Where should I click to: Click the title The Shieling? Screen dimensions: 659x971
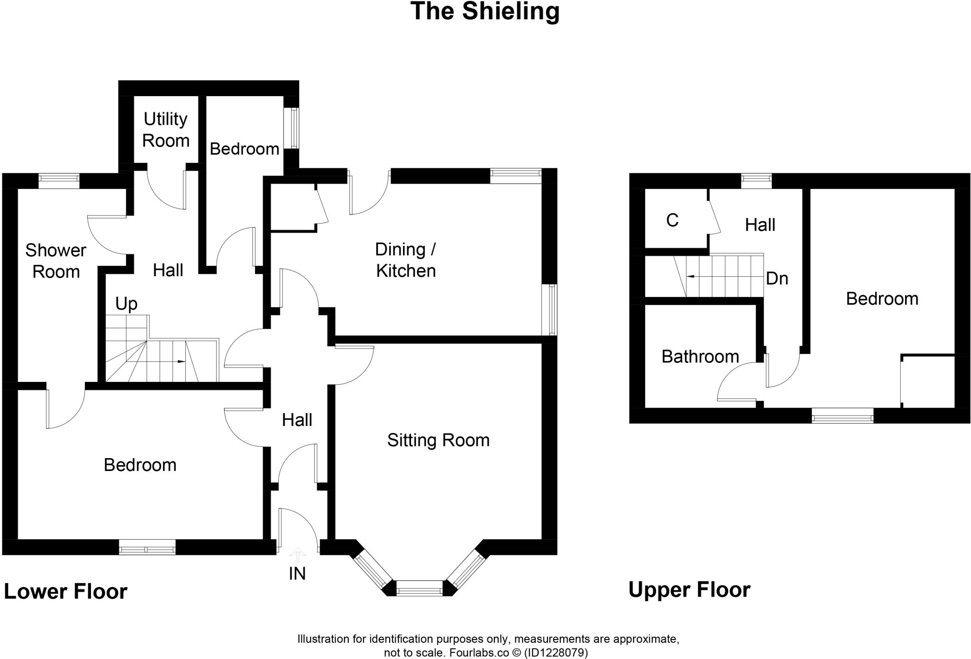coord(485,11)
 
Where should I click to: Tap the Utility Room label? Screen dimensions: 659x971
coord(165,130)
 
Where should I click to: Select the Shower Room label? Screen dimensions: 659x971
coord(55,261)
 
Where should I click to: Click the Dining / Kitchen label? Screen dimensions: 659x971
coord(405,260)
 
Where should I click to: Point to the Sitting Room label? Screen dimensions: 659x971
coord(438,440)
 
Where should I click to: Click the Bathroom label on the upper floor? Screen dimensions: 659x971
coord(700,356)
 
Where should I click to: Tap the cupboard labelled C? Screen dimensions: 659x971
coord(672,220)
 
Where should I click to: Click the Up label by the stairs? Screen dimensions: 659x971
coord(126,304)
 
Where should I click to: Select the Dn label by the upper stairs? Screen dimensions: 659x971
coord(777,279)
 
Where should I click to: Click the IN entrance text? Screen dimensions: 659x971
coord(297,574)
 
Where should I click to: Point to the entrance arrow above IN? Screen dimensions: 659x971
coord(297,554)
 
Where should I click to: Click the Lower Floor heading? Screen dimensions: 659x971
coord(65,591)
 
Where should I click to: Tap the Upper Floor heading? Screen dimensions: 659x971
coord(689,590)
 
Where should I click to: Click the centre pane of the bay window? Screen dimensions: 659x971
coord(420,590)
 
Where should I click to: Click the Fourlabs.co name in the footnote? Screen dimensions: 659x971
coord(478,653)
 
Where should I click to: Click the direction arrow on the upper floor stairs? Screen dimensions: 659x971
coord(693,276)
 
